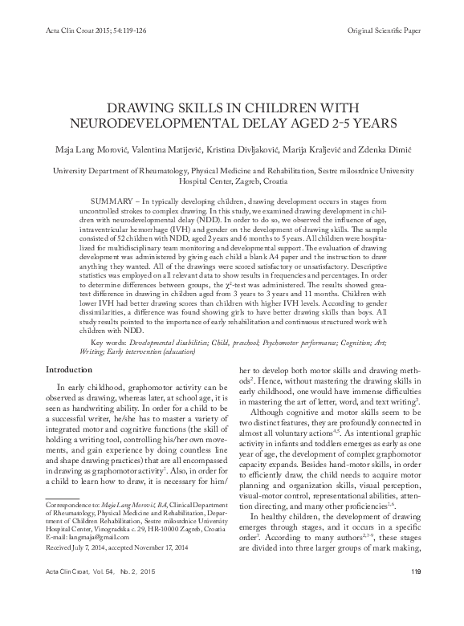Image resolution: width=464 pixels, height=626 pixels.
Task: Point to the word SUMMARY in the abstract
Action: [111, 198]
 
